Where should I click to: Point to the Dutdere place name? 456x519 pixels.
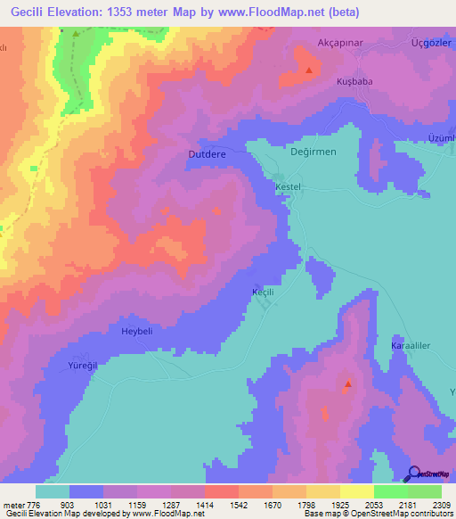pos(208,153)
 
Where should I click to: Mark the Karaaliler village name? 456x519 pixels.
pos(411,344)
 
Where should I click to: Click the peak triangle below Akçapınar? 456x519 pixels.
pos(309,70)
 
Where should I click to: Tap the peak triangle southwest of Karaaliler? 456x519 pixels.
pos(347,385)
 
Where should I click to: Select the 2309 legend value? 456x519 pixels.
pos(442,505)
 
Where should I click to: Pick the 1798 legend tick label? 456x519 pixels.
pos(306,505)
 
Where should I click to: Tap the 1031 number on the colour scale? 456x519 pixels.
pos(104,505)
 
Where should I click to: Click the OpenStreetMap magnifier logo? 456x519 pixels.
pos(412,475)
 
